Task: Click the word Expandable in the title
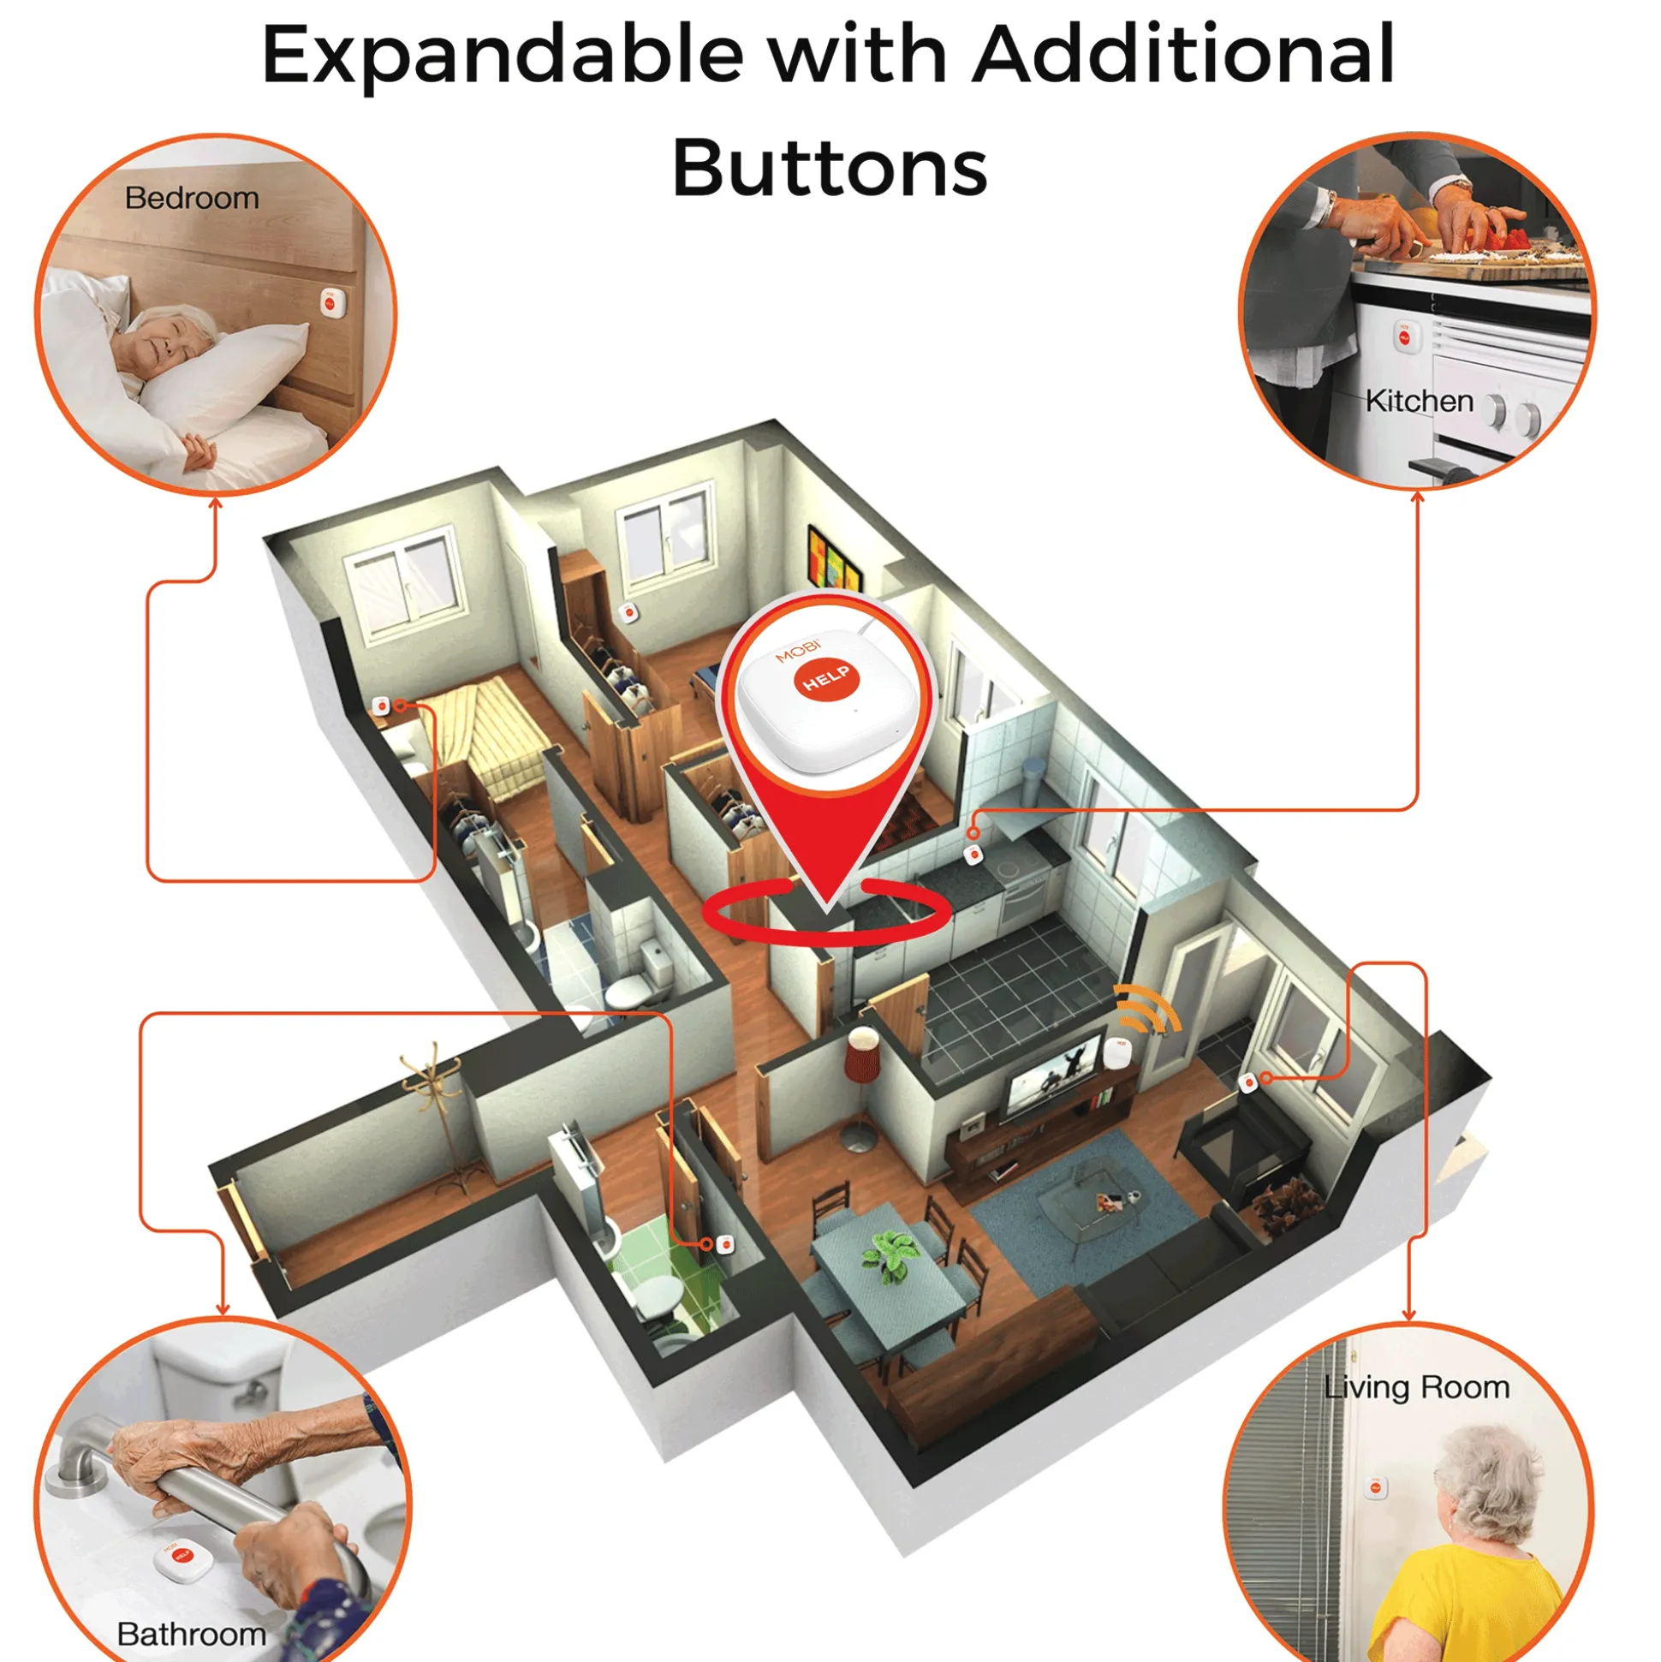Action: [x=503, y=55]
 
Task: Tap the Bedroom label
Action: [x=192, y=198]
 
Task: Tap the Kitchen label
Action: [x=1420, y=401]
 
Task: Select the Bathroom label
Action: [x=191, y=1634]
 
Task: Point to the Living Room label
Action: [x=1417, y=1387]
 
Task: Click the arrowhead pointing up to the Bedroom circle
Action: [x=216, y=503]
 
